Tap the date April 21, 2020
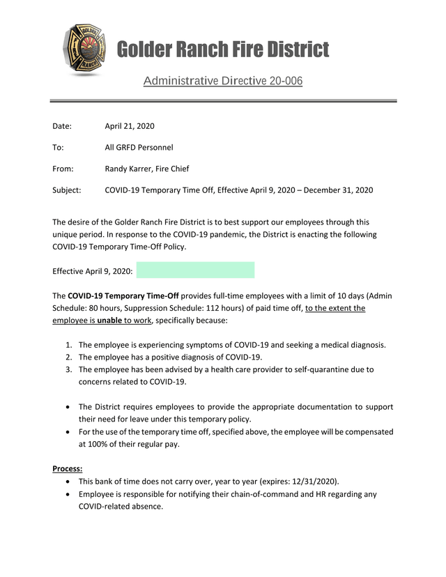[x=130, y=126]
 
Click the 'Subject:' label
[x=67, y=190]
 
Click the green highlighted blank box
[x=195, y=270]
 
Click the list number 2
[x=68, y=357]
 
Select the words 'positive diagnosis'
[x=178, y=357]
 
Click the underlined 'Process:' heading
[x=68, y=469]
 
